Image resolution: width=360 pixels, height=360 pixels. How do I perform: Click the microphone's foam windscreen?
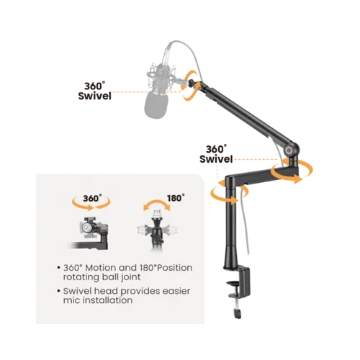coord(156,105)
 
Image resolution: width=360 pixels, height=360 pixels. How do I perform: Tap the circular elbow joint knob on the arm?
coord(288,150)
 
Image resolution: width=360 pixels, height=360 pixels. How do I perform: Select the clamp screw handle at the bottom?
coord(238,313)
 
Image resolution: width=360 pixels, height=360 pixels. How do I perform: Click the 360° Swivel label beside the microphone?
coord(94,91)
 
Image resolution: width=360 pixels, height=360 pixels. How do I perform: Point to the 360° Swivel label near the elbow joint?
coord(216,154)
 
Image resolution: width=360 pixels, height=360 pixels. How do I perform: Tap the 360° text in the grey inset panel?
coord(92,198)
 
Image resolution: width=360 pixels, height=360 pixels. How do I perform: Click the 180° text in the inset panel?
coord(176,198)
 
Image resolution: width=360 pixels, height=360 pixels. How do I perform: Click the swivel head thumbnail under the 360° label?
coord(93,233)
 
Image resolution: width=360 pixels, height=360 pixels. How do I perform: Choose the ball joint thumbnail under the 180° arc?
coord(157,230)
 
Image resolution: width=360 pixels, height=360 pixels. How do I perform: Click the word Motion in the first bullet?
coord(101,268)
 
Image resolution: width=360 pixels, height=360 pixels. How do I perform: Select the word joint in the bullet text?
coord(130,277)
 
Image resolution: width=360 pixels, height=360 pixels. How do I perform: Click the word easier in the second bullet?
coord(176,291)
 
